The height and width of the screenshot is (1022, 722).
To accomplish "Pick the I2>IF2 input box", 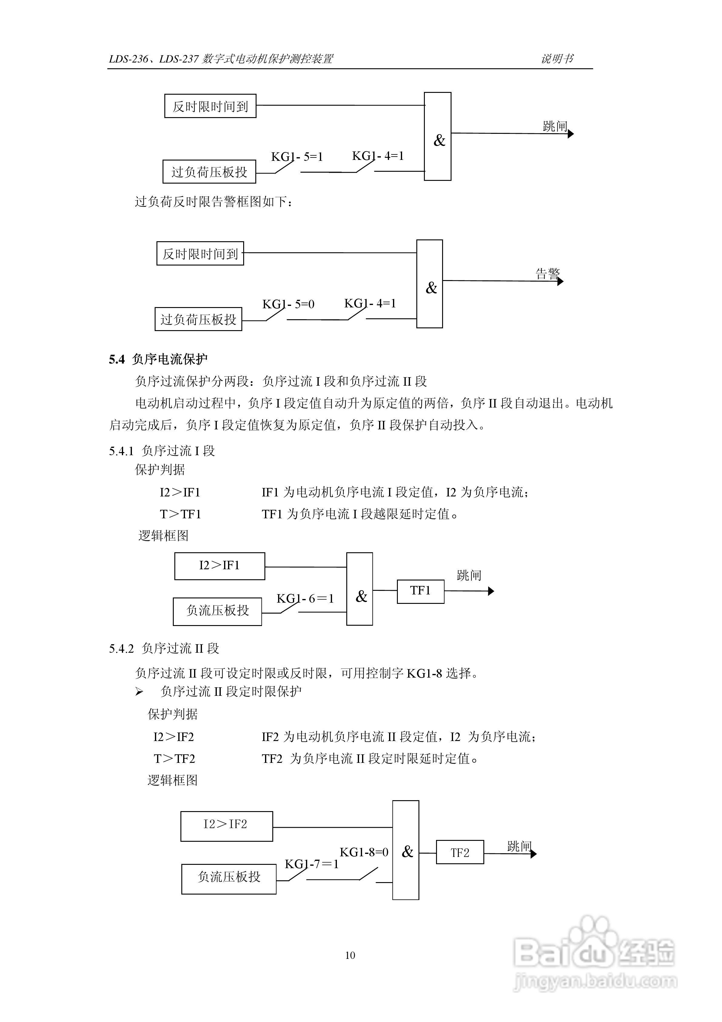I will click(x=227, y=826).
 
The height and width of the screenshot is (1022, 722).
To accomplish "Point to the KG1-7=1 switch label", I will click(x=311, y=864).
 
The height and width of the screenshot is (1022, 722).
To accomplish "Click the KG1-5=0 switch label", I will click(x=288, y=304).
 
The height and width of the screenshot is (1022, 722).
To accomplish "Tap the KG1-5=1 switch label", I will click(x=297, y=157).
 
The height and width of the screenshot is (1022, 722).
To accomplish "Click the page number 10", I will click(x=350, y=955).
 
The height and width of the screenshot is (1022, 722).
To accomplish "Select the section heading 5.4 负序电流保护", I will click(x=158, y=359).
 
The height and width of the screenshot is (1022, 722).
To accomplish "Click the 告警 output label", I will click(x=548, y=273).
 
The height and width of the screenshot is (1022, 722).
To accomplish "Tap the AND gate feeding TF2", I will click(x=406, y=850).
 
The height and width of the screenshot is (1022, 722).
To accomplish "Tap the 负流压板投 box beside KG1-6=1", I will click(x=217, y=611).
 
